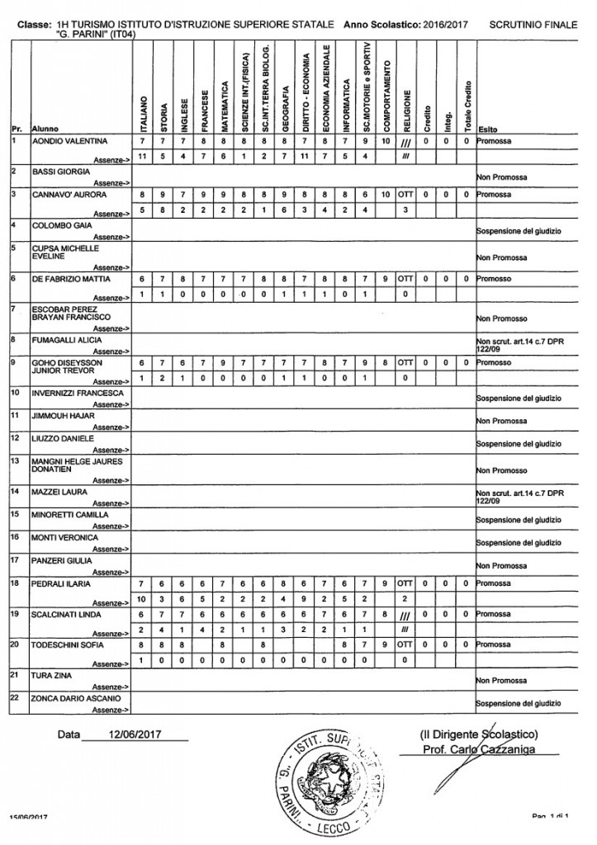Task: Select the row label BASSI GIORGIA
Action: tap(58, 171)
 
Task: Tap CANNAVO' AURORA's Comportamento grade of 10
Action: tap(386, 194)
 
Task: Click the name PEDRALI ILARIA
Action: tap(62, 583)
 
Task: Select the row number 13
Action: tap(15, 461)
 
